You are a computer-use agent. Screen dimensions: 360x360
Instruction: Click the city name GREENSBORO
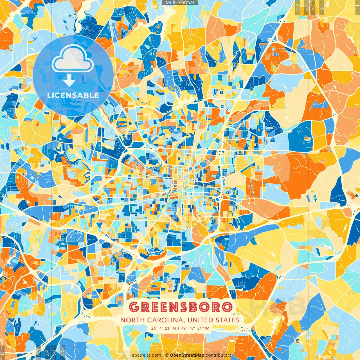(x=181, y=307)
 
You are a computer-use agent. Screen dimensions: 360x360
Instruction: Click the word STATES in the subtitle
(x=228, y=320)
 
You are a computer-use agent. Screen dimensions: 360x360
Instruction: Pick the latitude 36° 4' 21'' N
(x=163, y=328)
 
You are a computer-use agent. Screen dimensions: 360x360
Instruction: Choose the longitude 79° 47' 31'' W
(x=195, y=328)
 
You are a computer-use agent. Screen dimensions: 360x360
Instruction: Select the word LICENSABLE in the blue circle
(x=73, y=95)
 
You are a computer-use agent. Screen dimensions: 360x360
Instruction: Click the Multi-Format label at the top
(x=180, y=3)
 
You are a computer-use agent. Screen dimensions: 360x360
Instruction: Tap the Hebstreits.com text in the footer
(x=145, y=355)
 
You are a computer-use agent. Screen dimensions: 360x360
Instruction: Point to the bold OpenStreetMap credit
(x=187, y=355)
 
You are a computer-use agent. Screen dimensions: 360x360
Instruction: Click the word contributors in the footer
(x=219, y=355)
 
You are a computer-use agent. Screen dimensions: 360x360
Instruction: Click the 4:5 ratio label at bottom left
(x=39, y=352)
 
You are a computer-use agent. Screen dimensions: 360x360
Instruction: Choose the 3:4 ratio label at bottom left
(x=47, y=352)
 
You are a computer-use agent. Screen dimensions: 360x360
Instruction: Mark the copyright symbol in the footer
(x=167, y=355)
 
